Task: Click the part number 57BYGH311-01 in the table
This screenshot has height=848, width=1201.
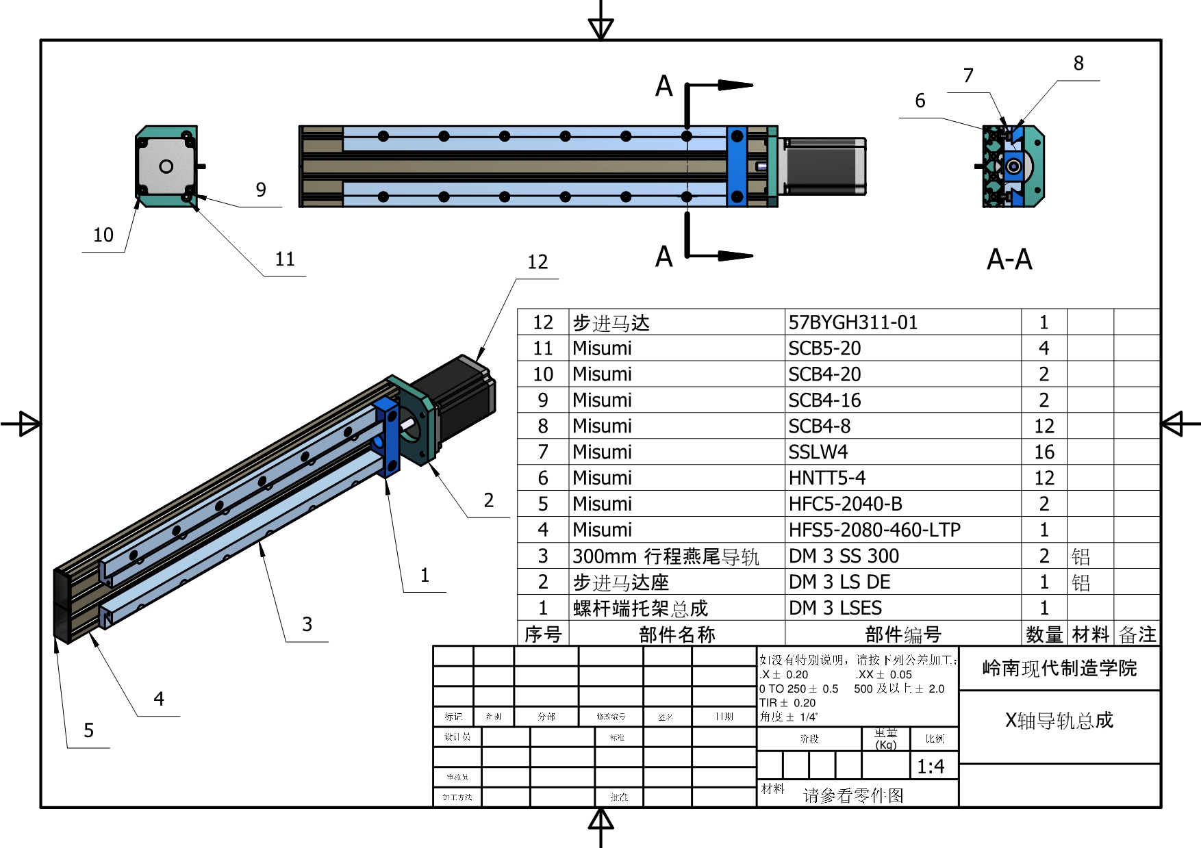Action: [852, 322]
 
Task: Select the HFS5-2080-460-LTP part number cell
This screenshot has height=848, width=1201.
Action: [874, 530]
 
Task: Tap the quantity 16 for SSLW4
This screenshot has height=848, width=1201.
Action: [1044, 452]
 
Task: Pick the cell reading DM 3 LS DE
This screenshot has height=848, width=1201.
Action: [839, 582]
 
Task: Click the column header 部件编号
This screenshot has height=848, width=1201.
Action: [902, 634]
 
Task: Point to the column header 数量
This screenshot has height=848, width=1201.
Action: [1044, 634]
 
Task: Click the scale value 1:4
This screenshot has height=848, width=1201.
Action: [931, 767]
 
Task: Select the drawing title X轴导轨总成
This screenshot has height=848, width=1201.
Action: [1059, 720]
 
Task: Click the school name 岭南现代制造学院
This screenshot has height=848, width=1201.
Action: [1059, 668]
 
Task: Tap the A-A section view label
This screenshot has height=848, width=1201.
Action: [1009, 260]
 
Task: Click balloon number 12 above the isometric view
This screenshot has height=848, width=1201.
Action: [538, 262]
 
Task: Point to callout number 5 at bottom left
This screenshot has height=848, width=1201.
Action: [89, 731]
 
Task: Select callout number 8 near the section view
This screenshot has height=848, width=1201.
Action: [1078, 64]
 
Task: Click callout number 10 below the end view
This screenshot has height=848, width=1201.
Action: [103, 235]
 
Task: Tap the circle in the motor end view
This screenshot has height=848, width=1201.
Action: [166, 166]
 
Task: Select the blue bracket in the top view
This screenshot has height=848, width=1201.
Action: [737, 166]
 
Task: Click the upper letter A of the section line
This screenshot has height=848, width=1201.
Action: [663, 87]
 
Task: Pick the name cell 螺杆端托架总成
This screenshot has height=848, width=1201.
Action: [640, 608]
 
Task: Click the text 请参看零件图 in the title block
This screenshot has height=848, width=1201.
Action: [853, 795]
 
